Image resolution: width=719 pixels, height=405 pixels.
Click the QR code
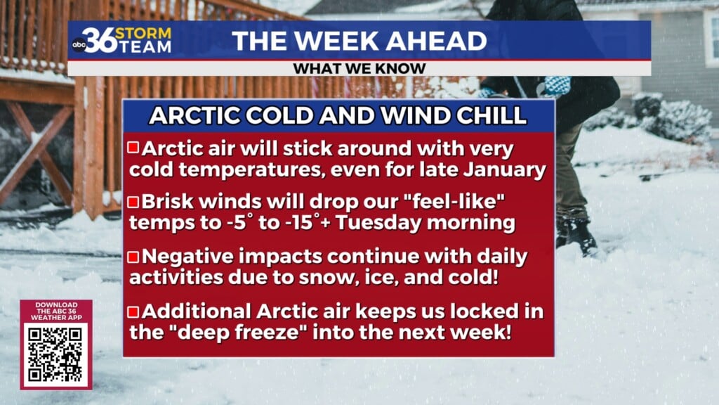click(56, 354)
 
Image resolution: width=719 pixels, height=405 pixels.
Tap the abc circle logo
click(79, 44)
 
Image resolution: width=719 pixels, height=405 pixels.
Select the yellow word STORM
click(143, 34)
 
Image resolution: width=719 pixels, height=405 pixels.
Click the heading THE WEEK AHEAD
click(359, 41)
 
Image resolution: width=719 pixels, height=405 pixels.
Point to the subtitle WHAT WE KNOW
click(359, 68)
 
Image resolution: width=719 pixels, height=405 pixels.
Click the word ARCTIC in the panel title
click(195, 115)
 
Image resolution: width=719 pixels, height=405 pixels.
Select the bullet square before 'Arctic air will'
click(133, 148)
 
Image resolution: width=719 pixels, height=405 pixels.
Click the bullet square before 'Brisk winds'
click(133, 202)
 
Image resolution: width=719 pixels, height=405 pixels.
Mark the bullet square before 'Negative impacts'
click(133, 256)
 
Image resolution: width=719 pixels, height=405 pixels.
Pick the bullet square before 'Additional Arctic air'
click(133, 311)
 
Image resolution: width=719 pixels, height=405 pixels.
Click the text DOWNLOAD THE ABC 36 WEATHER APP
click(56, 311)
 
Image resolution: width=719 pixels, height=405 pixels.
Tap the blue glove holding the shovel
click(556, 86)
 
